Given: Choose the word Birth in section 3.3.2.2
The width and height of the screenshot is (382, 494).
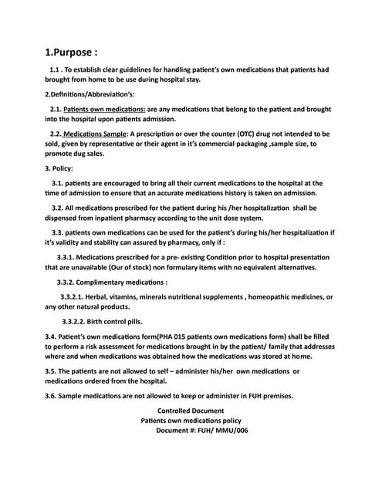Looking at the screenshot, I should [104, 321].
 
